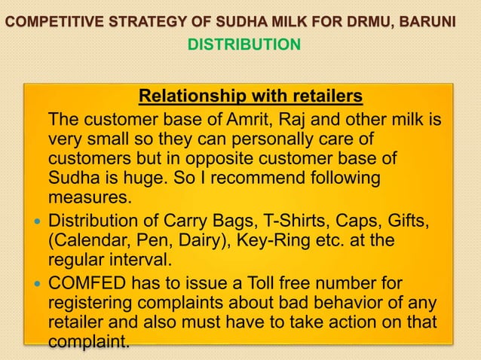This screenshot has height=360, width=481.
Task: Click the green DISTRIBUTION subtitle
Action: click(x=244, y=46)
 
